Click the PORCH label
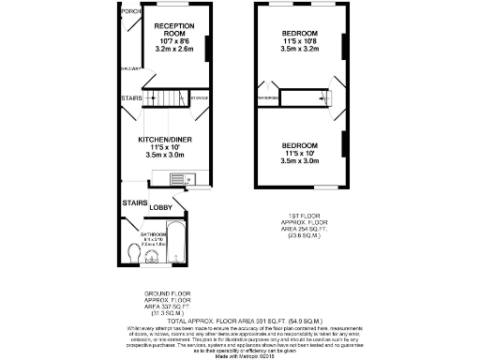pyautogui.click(x=131, y=11)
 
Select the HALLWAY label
pyautogui.click(x=130, y=68)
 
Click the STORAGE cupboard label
pyautogui.click(x=199, y=97)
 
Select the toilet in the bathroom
pyautogui.click(x=134, y=250)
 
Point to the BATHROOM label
pyautogui.click(x=154, y=233)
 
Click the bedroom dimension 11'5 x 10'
pyautogui.click(x=300, y=153)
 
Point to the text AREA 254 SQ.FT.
pyautogui.click(x=300, y=232)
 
